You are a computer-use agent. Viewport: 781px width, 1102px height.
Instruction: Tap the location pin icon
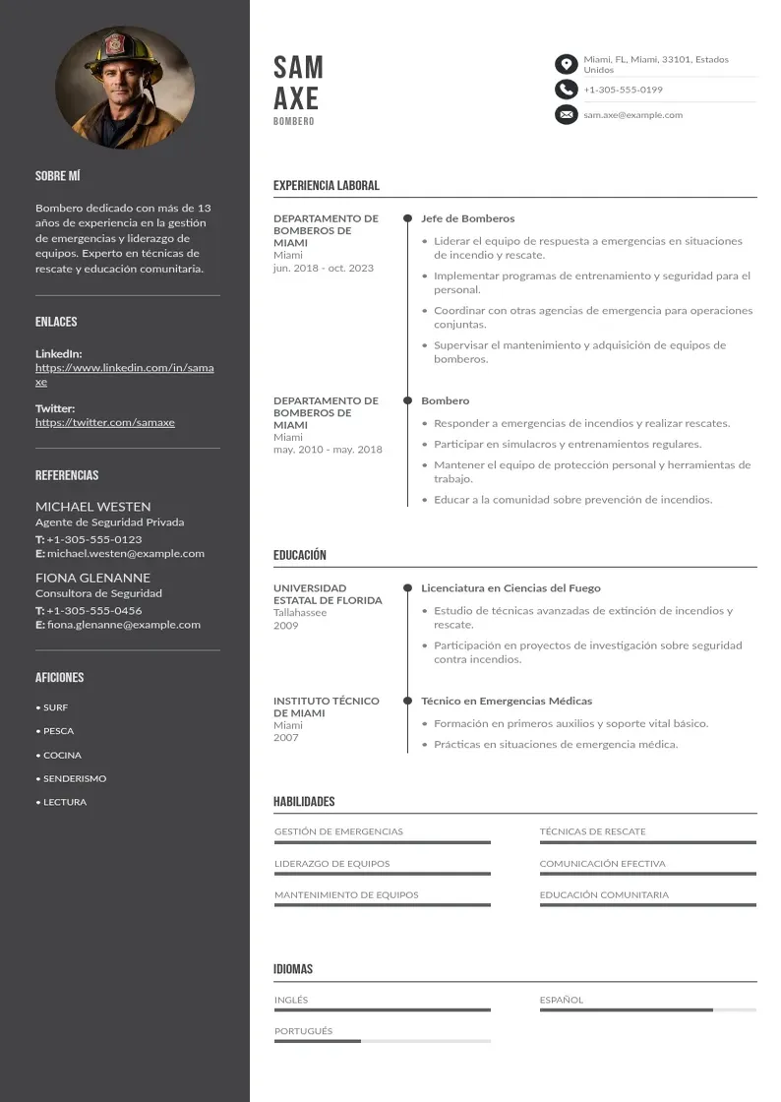[566, 65]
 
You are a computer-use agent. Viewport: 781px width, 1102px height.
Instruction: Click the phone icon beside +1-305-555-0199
[566, 90]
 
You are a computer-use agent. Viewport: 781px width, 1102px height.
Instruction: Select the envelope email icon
[566, 115]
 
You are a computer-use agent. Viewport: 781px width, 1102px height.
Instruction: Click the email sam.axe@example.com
[632, 115]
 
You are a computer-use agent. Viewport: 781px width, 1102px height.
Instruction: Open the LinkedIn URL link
[124, 374]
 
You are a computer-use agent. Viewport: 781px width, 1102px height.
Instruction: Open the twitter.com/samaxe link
[104, 422]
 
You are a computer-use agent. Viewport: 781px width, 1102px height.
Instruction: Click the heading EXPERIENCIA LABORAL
[326, 185]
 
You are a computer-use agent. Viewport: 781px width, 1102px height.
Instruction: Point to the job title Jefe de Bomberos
[467, 218]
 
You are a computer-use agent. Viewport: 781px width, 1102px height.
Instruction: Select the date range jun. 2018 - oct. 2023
[323, 268]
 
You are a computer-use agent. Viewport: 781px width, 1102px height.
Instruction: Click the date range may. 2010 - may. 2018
[328, 450]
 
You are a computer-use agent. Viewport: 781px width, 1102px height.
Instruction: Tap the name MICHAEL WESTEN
[92, 507]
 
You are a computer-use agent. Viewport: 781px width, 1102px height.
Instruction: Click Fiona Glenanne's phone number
[93, 610]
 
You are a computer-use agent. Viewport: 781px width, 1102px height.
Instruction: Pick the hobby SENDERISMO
[75, 778]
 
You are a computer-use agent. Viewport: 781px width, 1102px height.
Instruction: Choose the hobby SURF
[55, 707]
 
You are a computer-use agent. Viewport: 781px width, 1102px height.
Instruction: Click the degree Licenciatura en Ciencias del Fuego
[511, 588]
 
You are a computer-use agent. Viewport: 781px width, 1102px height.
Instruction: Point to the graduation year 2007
[285, 738]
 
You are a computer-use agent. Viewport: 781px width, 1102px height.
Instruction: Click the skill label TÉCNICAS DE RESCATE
[592, 831]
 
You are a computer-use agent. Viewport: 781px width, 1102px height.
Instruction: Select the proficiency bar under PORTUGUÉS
[382, 1041]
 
